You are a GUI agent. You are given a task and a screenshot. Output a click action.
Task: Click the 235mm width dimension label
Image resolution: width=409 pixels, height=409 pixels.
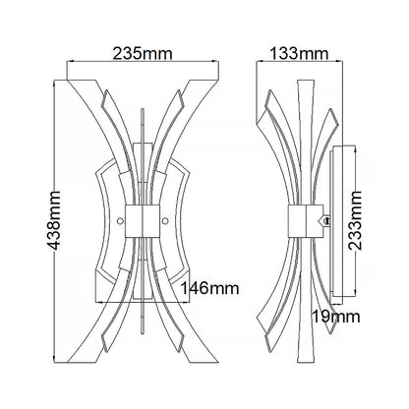[143, 53]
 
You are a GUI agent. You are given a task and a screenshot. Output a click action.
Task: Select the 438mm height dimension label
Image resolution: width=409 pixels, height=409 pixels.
[53, 220]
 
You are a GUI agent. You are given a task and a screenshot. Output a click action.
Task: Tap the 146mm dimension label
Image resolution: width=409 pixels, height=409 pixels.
[209, 288]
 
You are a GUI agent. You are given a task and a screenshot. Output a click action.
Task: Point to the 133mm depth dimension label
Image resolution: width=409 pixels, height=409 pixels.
[299, 53]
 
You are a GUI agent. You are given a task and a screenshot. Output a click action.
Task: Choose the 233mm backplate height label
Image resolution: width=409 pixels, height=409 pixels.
[355, 220]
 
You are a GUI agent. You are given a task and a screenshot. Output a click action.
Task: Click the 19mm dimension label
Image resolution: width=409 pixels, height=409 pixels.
[336, 317]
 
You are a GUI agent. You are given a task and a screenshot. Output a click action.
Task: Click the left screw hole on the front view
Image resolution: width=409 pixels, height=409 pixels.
[121, 221]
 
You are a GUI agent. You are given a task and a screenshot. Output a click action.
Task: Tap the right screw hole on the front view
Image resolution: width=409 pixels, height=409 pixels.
[165, 221]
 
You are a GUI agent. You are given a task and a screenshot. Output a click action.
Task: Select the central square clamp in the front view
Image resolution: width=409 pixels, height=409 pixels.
[143, 221]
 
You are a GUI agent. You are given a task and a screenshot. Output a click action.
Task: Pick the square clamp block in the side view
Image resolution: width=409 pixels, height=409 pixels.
[306, 221]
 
